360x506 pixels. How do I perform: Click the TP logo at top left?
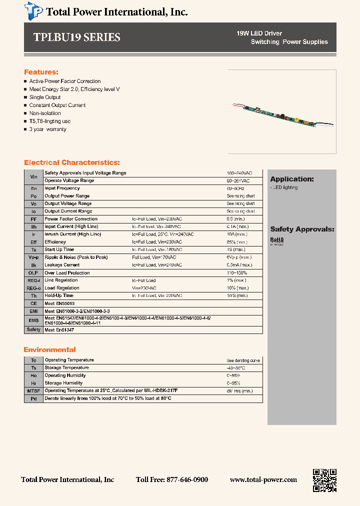click(34, 10)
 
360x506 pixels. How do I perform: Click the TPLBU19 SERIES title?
click(77, 37)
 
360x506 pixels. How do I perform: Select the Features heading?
click(41, 72)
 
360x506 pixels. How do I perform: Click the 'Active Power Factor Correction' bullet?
click(64, 81)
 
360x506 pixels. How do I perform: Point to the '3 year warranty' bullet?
click(47, 129)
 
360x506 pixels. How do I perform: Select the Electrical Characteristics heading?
click(72, 162)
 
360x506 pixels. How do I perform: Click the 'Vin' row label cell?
click(33, 176)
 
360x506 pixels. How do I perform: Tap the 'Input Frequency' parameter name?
click(62, 188)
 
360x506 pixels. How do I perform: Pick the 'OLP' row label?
click(33, 273)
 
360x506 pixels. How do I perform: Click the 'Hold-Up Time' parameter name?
click(59, 295)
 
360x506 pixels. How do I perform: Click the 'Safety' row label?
click(33, 329)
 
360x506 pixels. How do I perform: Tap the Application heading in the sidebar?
click(292, 179)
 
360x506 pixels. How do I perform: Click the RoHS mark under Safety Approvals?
click(277, 240)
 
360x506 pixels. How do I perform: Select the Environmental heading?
click(50, 349)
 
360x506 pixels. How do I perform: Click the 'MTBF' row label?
click(33, 390)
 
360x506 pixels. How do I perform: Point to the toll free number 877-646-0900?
click(172, 479)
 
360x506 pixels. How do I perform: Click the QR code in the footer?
click(324, 480)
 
